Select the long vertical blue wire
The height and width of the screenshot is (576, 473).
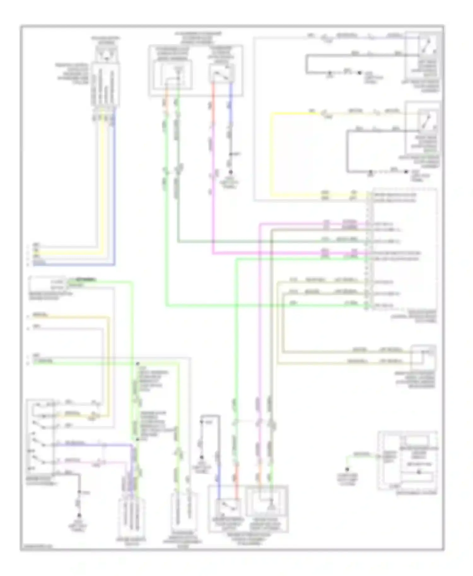(x=114, y=189)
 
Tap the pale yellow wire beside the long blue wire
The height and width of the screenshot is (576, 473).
(x=102, y=189)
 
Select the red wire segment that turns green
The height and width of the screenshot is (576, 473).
(x=237, y=476)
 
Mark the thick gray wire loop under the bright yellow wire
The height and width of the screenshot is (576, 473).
(x=347, y=151)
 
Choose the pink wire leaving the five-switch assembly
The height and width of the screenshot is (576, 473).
(x=88, y=463)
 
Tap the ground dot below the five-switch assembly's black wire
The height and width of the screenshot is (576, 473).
(x=79, y=516)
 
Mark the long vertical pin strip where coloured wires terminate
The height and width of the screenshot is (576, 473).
(x=367, y=251)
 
